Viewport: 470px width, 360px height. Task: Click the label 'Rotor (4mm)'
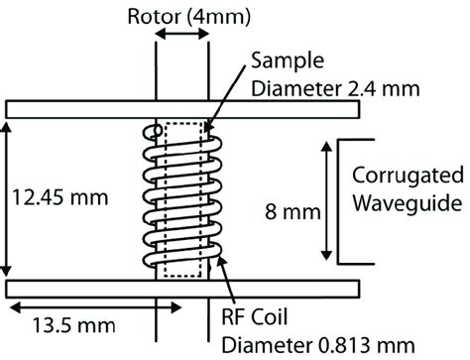click(x=181, y=17)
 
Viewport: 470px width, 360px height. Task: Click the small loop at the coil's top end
click(x=151, y=130)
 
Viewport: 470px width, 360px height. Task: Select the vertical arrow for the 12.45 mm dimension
click(x=11, y=198)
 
